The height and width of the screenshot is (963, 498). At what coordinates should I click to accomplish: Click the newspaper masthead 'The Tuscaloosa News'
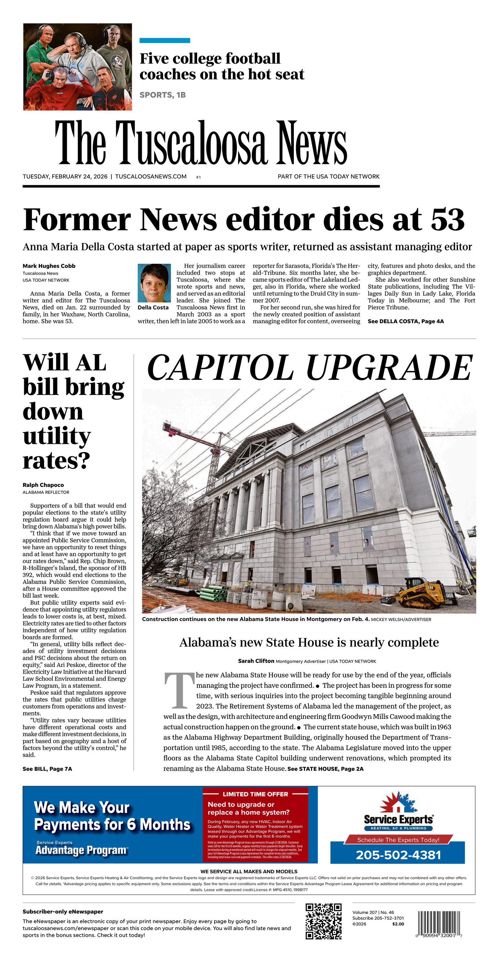click(201, 143)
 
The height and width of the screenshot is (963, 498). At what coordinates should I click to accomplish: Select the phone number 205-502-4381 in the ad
click(398, 855)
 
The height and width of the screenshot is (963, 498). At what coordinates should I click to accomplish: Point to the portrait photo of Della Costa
click(154, 283)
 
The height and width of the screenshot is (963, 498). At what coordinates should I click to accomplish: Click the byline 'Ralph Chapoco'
click(43, 485)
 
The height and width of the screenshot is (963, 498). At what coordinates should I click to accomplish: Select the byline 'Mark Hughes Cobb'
click(49, 266)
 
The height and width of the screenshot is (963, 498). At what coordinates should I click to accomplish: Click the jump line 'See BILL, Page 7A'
click(47, 769)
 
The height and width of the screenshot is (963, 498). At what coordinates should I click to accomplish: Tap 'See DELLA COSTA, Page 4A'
click(406, 321)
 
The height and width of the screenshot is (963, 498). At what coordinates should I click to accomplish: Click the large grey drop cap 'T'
click(179, 691)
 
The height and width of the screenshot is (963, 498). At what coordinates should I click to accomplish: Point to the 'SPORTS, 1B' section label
click(162, 95)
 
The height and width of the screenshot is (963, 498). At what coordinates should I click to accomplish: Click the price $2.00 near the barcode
click(398, 924)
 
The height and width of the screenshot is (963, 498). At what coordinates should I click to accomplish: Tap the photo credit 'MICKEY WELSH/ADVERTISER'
click(401, 619)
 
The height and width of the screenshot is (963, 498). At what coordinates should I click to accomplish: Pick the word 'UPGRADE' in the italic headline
click(389, 368)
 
